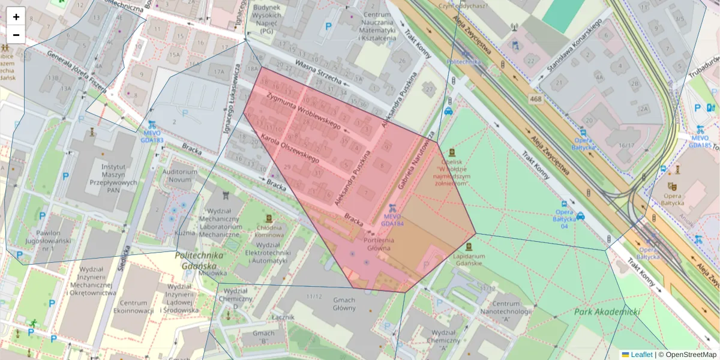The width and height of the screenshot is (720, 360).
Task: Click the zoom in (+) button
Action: point(16,17)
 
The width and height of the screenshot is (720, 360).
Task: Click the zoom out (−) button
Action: point(16,35)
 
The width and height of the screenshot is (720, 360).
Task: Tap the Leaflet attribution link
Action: point(641,355)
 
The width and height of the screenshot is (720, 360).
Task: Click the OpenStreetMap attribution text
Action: point(687,355)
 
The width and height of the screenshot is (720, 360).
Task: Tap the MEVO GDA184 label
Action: point(392,220)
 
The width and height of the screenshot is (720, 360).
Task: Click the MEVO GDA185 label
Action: point(700,141)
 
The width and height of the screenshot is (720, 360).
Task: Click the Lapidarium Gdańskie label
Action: point(469,259)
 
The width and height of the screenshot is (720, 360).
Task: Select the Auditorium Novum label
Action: point(180,176)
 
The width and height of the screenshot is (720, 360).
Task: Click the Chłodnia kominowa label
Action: point(269,231)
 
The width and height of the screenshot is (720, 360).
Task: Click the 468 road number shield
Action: point(536,98)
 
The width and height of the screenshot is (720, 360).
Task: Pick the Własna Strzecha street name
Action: point(319,72)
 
